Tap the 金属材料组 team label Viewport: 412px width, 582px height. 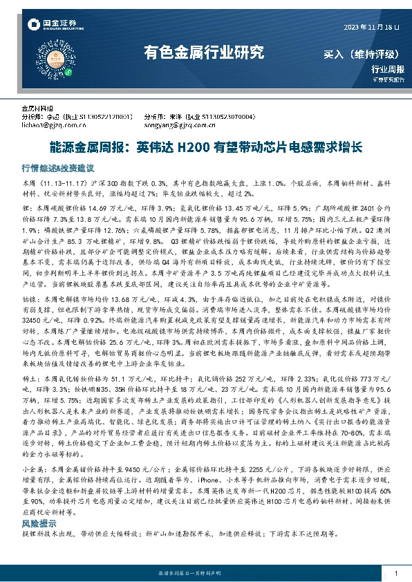click(39, 109)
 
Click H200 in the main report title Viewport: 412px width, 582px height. click(189, 148)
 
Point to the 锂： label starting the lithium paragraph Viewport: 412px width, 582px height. click(28, 207)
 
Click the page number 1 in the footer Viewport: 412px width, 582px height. click(395, 574)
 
